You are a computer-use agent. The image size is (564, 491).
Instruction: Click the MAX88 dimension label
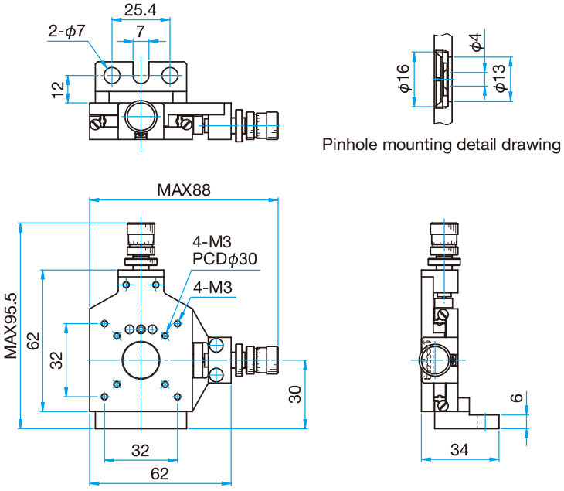pos(183,189)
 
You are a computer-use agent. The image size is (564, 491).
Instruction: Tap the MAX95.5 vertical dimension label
pos(10,326)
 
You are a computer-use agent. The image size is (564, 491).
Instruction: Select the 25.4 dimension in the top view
pos(139,10)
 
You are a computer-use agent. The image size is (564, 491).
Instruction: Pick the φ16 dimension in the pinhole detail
pos(403,79)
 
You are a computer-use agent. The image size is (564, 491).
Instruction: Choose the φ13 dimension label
pos(500,79)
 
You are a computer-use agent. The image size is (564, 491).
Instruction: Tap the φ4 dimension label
pos(477,42)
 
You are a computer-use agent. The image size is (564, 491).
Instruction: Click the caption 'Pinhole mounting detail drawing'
pos(441,145)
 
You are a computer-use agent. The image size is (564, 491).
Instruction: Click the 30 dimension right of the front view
pos(295,394)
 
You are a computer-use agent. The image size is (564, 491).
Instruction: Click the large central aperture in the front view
pos(142,360)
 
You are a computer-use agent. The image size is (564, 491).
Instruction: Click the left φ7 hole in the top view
pos(113,75)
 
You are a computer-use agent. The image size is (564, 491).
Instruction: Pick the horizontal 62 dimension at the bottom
pos(141,472)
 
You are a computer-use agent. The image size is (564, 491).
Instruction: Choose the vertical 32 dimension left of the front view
pos(56,360)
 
